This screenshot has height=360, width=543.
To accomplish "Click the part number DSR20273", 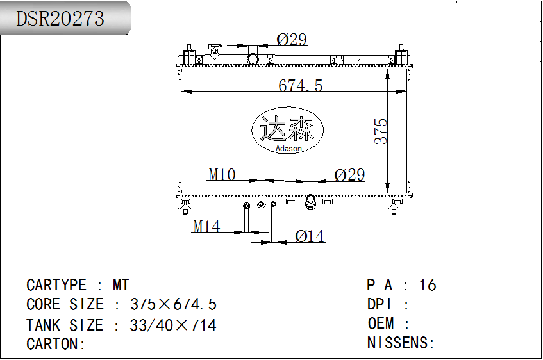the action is coord(60,19).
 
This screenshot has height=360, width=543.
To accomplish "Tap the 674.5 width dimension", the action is coord(300,85).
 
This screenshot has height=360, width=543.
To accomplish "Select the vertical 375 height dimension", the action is coord(381,131).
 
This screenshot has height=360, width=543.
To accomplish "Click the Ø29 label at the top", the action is coord(292,40).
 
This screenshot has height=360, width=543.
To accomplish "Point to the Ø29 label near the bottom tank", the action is coord(349,175).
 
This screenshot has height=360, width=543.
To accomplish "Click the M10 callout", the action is coord(222,174).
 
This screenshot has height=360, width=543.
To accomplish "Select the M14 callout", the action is coord(206,226).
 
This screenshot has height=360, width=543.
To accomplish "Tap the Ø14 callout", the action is coord(310,236).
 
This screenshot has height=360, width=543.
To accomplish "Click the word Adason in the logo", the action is coord(288,148).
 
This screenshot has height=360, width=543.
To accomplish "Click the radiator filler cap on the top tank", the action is coord(215,49).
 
